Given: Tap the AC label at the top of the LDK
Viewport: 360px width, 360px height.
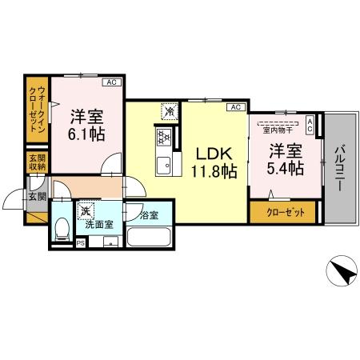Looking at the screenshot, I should pos(236,106).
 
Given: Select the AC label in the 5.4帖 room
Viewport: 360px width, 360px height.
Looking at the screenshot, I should pos(311,122).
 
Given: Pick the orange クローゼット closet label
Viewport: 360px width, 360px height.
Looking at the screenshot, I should pos(281,213).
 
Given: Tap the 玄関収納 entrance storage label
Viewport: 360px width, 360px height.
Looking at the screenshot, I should pos(36,162).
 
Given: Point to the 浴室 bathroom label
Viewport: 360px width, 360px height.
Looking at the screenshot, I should pos(148,214).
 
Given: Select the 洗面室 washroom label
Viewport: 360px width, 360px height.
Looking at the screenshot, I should pos(99,225).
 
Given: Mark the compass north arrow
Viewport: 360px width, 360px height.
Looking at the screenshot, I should pos(342,273).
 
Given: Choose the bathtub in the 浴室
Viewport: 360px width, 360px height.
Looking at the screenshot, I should pos(150,238).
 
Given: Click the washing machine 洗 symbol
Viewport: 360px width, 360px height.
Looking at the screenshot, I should pos(84,211).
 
